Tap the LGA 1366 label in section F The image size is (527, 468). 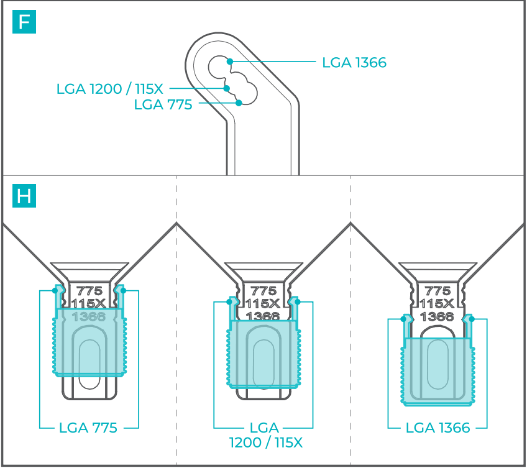point(354,63)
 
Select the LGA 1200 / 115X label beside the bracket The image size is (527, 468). point(110,89)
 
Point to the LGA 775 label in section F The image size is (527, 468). point(163,104)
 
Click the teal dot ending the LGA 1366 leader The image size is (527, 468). point(230,62)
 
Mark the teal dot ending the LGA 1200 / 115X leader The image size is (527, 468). point(227,88)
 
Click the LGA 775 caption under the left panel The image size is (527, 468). point(88,428)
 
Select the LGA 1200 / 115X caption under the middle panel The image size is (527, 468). point(263,435)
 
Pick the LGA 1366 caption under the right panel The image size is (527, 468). point(438,428)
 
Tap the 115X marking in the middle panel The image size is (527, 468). point(263,303)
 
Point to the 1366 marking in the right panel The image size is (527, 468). point(438,316)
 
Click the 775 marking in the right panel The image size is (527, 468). point(438,291)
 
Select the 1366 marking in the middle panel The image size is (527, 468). point(263,316)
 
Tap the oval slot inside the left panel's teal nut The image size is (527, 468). point(89,357)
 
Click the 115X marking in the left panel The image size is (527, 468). point(89,304)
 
